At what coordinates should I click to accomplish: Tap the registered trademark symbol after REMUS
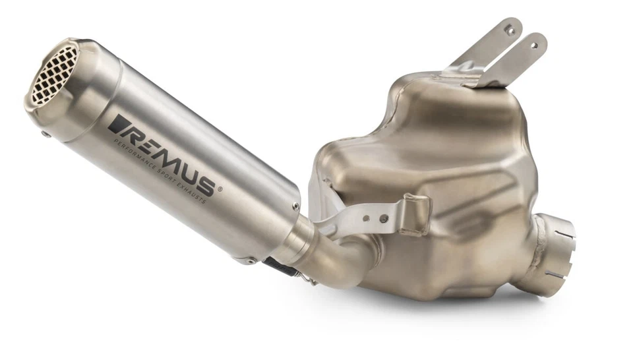tap(220, 189)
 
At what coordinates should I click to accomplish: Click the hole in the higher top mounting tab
tap(509, 30)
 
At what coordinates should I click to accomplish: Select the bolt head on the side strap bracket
tap(383, 218)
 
